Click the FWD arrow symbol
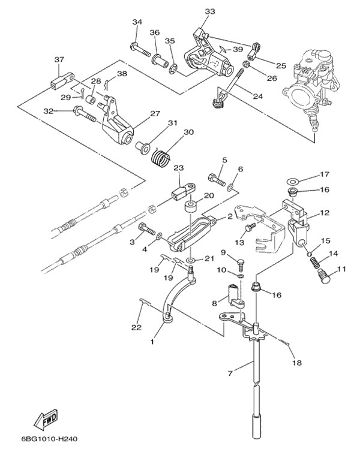(x=45, y=417)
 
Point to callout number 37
(x=59, y=59)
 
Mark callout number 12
(x=325, y=212)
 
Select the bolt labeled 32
(x=83, y=112)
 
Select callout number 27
(x=155, y=113)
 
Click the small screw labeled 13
(x=251, y=227)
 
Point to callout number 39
(x=238, y=49)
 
